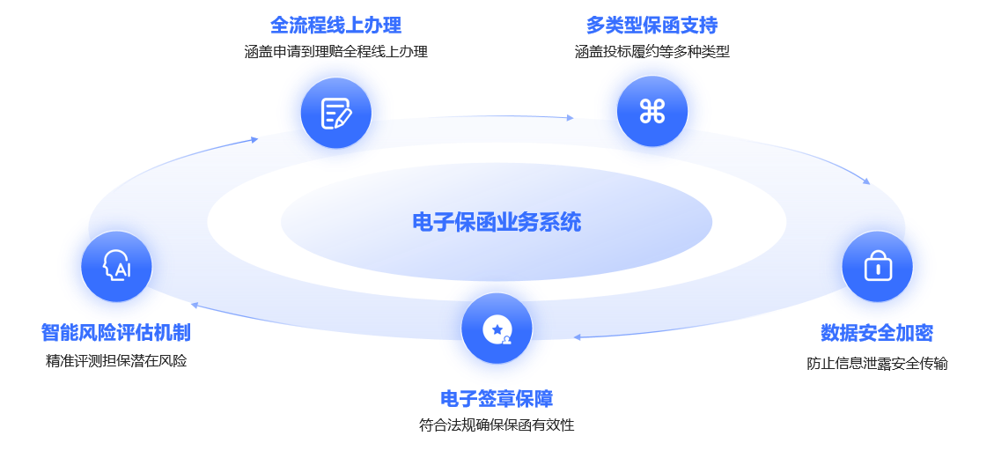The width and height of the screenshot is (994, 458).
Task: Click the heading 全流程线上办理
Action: (335, 25)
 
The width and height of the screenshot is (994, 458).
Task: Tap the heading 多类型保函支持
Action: (652, 25)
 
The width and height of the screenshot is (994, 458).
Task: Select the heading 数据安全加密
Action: (877, 333)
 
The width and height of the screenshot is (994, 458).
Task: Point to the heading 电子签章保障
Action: (497, 399)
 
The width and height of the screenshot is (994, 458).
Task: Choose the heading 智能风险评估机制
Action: (115, 333)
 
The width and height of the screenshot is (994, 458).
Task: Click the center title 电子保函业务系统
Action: (497, 222)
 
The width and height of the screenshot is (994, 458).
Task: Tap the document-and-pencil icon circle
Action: (335, 113)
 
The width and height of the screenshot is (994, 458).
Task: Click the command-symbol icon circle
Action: (652, 111)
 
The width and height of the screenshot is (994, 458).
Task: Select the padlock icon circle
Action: (877, 266)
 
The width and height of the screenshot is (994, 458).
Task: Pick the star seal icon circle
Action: (497, 329)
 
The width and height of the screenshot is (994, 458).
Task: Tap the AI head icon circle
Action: (116, 266)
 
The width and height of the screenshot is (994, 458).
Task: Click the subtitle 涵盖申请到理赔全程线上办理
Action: (335, 52)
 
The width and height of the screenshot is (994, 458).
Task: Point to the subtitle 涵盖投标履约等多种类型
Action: (652, 52)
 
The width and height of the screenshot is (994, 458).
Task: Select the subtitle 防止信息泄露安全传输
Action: (877, 363)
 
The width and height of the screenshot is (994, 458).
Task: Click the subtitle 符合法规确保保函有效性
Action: (497, 425)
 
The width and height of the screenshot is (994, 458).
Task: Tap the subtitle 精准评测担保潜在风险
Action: (115, 361)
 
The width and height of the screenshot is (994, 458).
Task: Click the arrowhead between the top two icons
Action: (571, 117)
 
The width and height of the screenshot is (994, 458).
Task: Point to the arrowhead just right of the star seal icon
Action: (577, 336)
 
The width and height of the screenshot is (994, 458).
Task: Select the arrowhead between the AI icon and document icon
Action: (254, 139)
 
